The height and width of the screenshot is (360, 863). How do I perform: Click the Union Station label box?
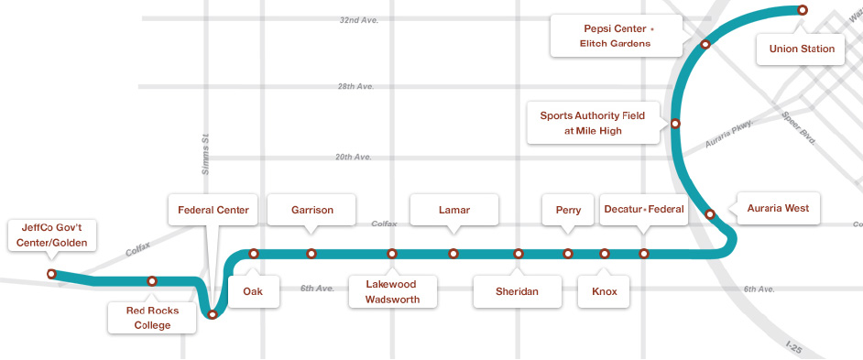802,49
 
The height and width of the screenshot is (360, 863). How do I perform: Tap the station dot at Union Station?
803,10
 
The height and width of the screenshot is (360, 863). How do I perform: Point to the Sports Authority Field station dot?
675,123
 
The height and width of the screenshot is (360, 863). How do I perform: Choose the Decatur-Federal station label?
644,210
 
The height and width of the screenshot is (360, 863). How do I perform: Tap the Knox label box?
605,291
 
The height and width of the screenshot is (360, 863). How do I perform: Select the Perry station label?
568,210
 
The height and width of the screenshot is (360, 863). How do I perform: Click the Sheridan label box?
518,291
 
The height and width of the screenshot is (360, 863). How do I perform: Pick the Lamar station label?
453,210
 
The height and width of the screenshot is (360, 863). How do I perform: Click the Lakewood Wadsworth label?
392,291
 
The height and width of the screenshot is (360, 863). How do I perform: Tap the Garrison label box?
311,210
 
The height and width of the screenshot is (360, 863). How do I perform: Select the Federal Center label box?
213,210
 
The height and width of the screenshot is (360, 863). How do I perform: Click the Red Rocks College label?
152,317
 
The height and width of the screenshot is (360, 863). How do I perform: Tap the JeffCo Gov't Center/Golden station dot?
51,274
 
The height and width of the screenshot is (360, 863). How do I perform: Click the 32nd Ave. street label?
358,19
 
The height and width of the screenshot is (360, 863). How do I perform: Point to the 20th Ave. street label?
353,157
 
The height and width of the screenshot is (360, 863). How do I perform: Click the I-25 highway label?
798,347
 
